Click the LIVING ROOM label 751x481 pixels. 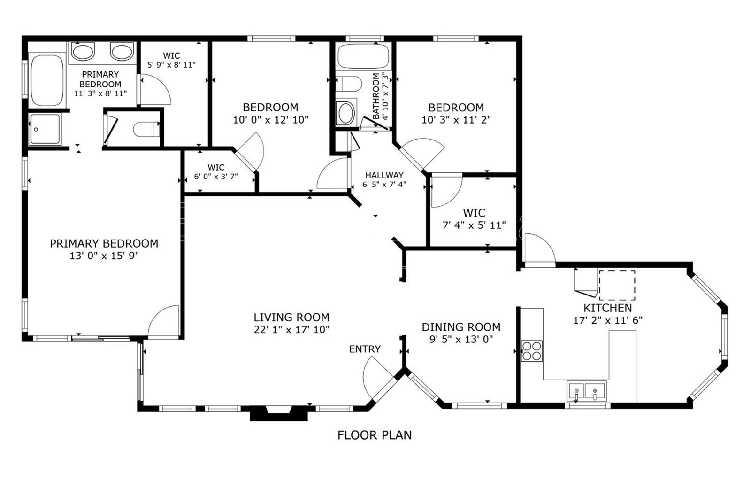pyautogui.click(x=291, y=318)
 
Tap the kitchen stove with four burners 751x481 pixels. pyautogui.click(x=531, y=351)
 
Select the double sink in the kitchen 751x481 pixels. pyautogui.click(x=586, y=391)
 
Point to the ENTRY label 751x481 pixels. pyautogui.click(x=365, y=349)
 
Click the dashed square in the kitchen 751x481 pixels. pyautogui.click(x=617, y=285)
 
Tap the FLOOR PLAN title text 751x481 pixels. pyautogui.click(x=375, y=435)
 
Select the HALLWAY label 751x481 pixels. pyautogui.click(x=384, y=175)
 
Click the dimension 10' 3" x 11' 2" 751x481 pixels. pyautogui.click(x=456, y=120)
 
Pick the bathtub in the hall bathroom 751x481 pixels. pyautogui.click(x=363, y=56)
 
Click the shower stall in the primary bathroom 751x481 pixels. pyautogui.click(x=45, y=130)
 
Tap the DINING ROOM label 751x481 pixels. pyautogui.click(x=461, y=327)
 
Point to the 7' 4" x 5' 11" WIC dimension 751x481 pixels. pyautogui.click(x=474, y=225)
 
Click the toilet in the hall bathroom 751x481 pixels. pyautogui.click(x=349, y=84)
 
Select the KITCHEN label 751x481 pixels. pyautogui.click(x=607, y=308)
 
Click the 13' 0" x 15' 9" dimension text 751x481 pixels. pyautogui.click(x=104, y=256)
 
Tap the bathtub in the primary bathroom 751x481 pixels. pyautogui.click(x=47, y=80)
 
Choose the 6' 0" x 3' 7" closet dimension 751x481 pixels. pyautogui.click(x=216, y=177)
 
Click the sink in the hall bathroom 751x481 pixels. pyautogui.click(x=346, y=113)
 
